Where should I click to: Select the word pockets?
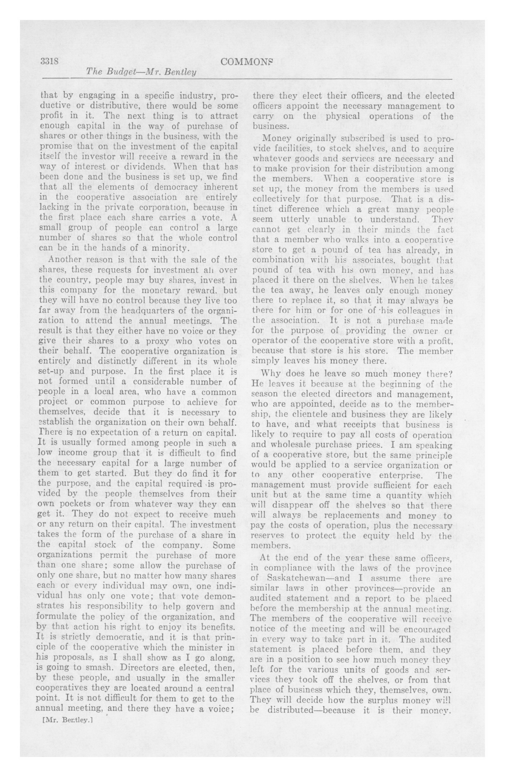pyautogui.click(x=71, y=504)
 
